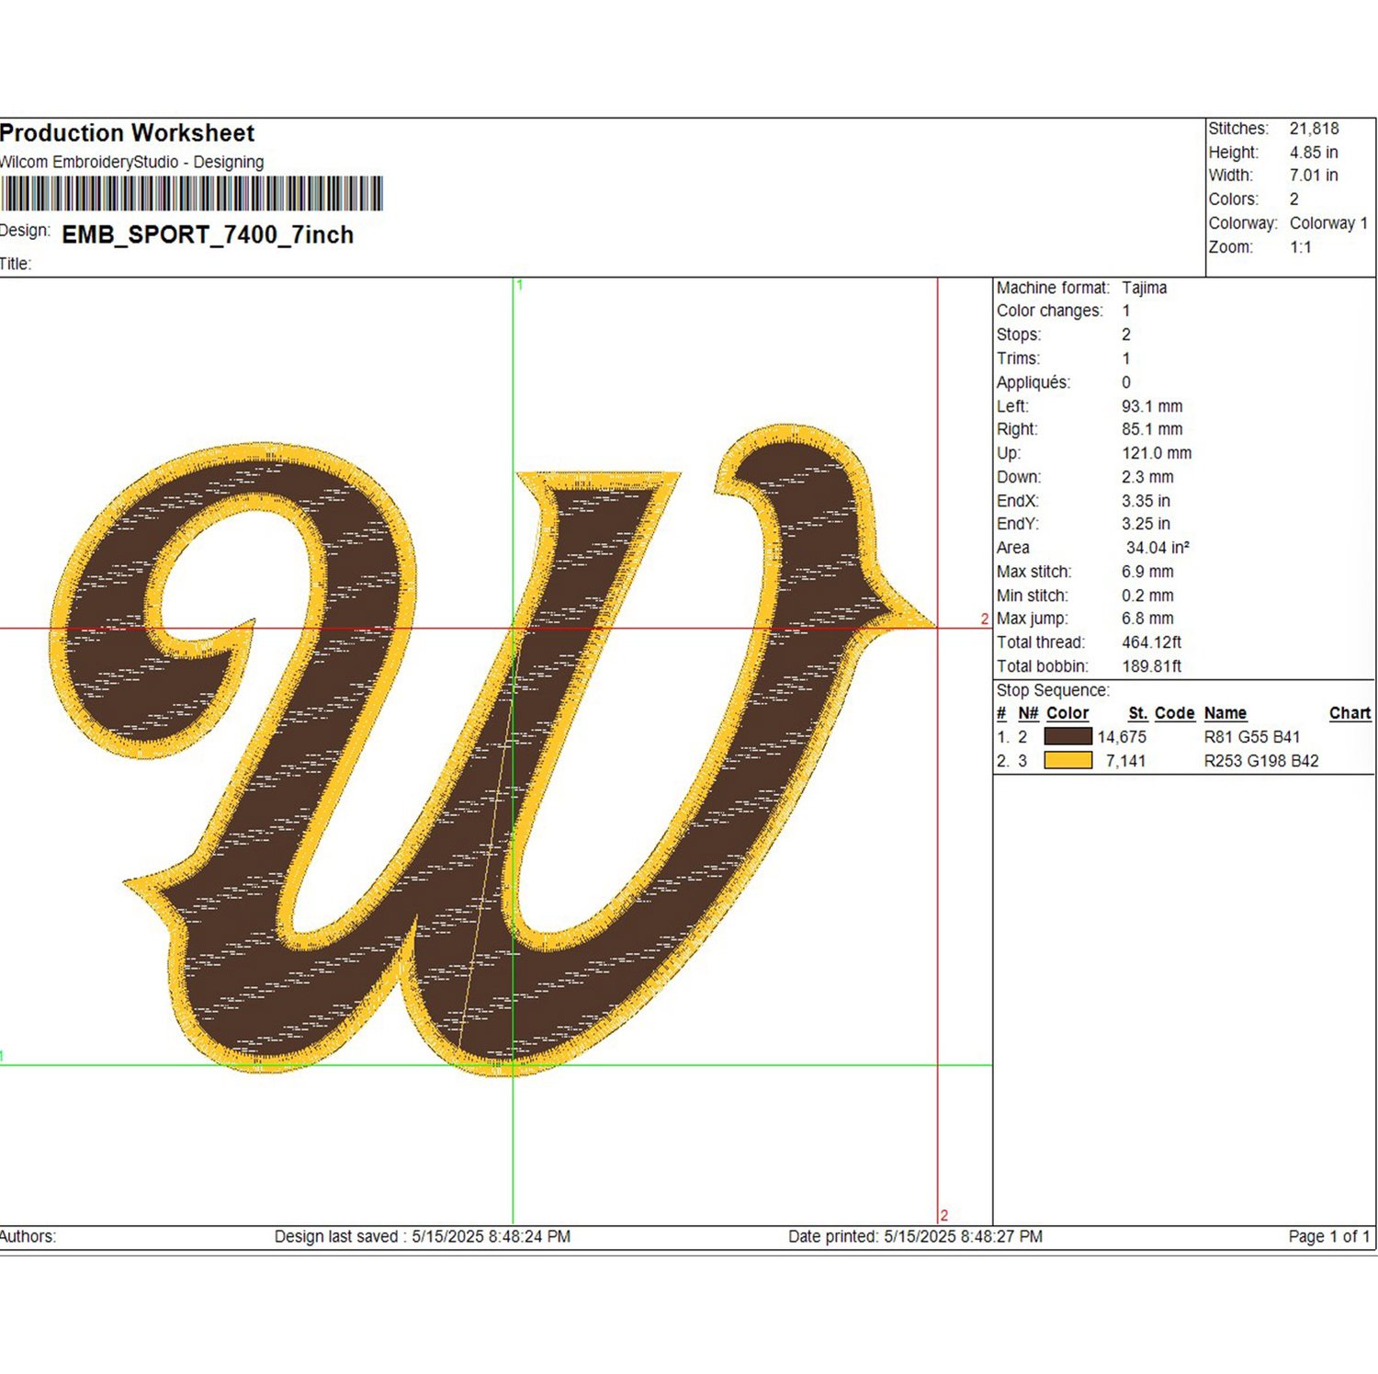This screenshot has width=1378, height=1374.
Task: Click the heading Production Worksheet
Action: pos(127,133)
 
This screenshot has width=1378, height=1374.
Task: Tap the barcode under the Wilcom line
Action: pos(191,194)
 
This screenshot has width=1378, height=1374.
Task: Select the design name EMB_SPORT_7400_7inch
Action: pos(208,235)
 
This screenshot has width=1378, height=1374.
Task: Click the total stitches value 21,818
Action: pos(1314,129)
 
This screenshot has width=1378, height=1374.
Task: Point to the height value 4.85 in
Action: pos(1314,153)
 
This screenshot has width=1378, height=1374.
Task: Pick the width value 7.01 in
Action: pos(1314,176)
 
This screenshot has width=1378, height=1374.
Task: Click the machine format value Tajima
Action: pos(1144,288)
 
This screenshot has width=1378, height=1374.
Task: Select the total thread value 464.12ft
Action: pos(1152,642)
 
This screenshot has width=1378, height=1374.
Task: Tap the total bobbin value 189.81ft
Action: pos(1152,666)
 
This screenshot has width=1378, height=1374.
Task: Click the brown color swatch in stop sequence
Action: pos(1068,736)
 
